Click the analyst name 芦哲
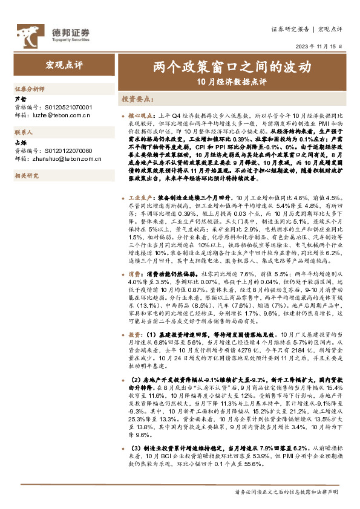pyautogui.click(x=20, y=99)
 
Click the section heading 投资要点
pyautogui.click(x=137, y=99)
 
